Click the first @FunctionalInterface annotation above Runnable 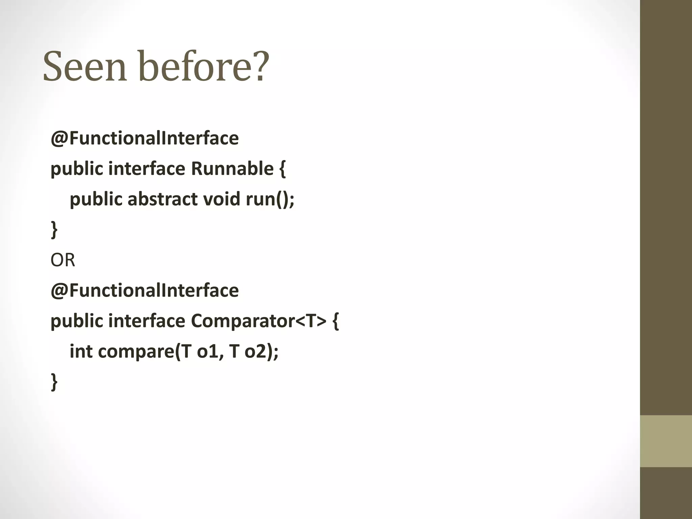[145, 138]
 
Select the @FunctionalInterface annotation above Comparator [145, 290]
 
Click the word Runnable [232, 169]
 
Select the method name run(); [270, 199]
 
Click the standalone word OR [63, 260]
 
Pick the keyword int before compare [81, 351]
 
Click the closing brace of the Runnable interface [54, 230]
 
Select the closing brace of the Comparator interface [54, 382]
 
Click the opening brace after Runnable [282, 169]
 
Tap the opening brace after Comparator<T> [335, 321]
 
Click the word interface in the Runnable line [147, 169]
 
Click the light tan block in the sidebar [666, 441]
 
